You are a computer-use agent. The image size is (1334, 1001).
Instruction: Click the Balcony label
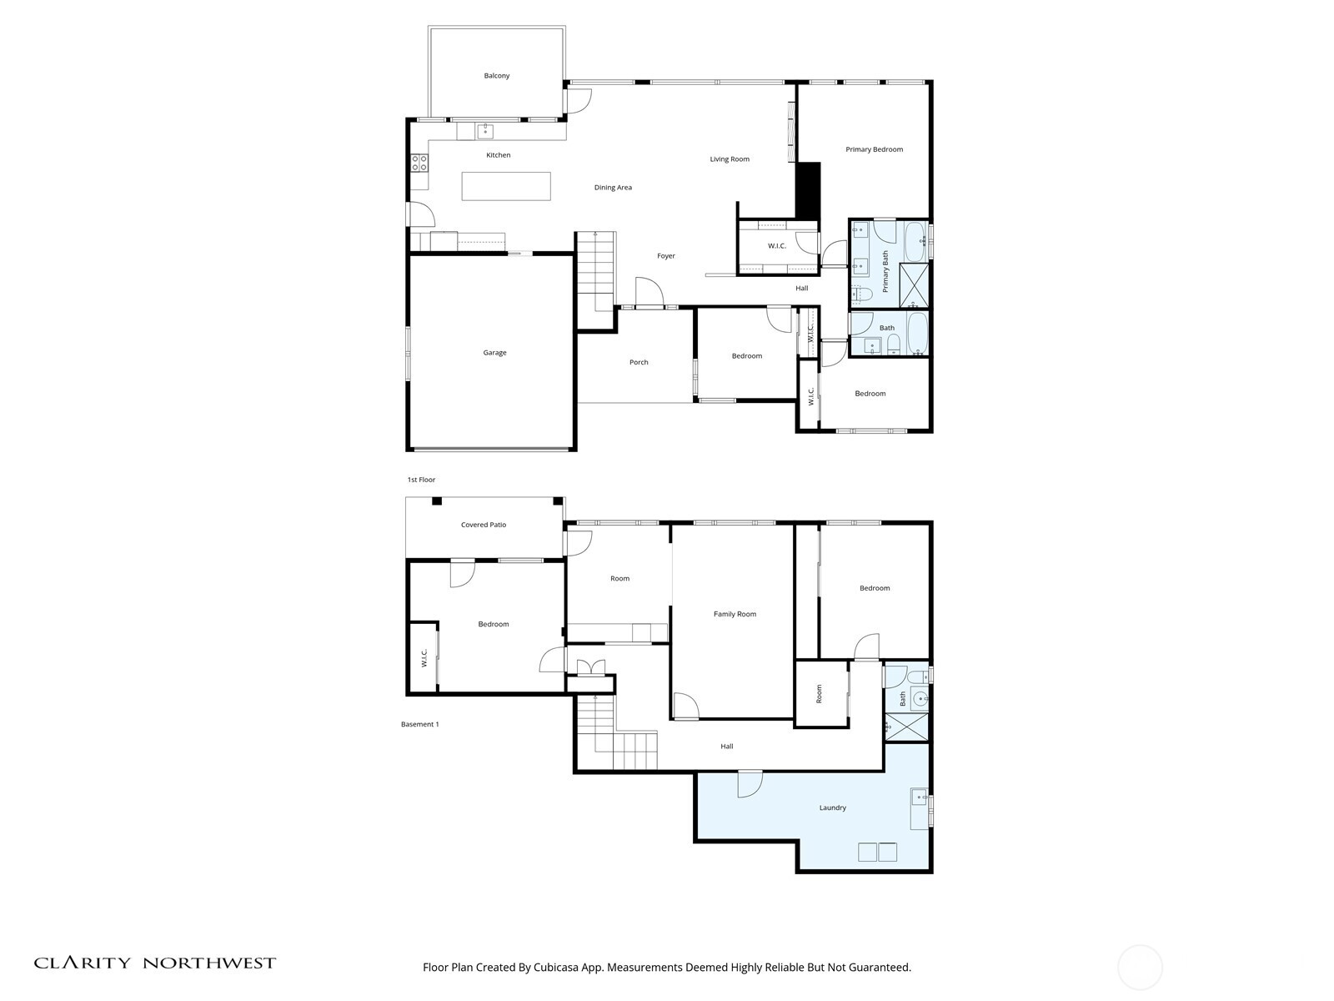496,76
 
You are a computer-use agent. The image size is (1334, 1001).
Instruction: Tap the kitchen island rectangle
506,186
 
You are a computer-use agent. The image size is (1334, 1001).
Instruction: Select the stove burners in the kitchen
419,163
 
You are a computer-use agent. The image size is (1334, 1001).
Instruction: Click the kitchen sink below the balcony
484,131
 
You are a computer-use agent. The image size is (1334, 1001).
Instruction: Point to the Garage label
494,353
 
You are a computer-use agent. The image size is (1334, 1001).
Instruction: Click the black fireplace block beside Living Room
808,189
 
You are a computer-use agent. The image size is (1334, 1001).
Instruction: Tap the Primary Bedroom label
874,149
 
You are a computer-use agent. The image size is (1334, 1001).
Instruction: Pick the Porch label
639,362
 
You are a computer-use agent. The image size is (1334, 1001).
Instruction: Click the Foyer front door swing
649,293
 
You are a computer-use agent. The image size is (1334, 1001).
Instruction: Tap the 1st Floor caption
421,480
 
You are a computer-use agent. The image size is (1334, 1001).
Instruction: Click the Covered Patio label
484,525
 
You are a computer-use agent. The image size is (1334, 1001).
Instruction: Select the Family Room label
735,614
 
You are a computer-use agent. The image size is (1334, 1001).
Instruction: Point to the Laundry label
832,807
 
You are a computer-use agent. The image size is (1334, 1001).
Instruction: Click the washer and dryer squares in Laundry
877,852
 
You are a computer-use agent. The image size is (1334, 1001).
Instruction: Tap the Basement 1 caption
419,724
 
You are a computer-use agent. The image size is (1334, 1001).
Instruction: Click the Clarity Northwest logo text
155,963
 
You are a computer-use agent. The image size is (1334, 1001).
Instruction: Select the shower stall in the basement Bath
906,727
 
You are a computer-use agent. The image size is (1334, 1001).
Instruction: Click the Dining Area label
613,188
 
